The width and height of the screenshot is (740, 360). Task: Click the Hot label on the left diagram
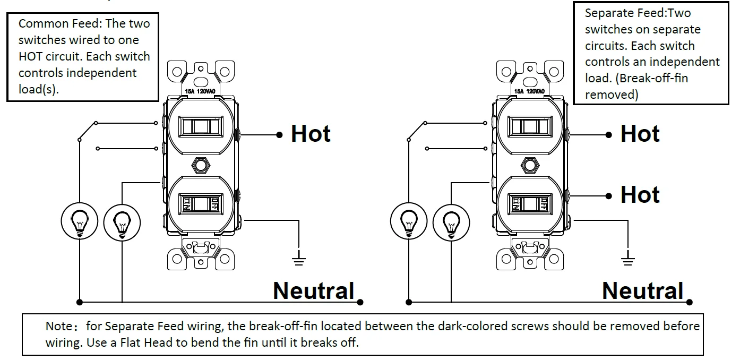311,134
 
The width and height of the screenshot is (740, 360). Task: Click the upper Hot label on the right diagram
640,134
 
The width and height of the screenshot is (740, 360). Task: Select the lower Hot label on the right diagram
640,195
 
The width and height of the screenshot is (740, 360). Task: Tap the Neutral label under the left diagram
313,291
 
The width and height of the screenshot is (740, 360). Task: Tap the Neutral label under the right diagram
642,291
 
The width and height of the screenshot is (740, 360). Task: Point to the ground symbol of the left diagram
299,260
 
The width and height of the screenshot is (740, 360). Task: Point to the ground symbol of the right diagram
628,260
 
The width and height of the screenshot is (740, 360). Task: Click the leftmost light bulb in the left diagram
80,220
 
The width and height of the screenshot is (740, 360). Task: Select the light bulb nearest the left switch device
122,222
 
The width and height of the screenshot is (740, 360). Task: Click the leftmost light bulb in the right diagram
409,220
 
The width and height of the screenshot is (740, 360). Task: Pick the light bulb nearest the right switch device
451,222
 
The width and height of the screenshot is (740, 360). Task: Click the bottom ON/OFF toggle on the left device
201,203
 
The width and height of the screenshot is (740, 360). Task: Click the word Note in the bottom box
58,326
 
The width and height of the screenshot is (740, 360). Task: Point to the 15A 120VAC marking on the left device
200,92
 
